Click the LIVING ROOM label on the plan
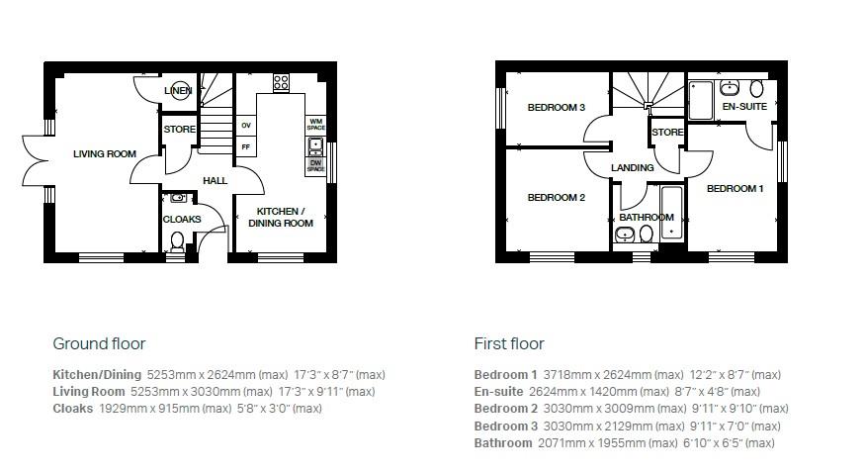pyautogui.click(x=105, y=153)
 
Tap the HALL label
pyautogui.click(x=215, y=181)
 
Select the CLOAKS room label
pyautogui.click(x=182, y=219)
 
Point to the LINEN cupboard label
pyautogui.click(x=179, y=91)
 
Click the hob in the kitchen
pyautogui.click(x=281, y=81)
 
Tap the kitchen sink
pyautogui.click(x=315, y=147)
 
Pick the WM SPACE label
pyautogui.click(x=316, y=125)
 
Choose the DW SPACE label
pyautogui.click(x=315, y=166)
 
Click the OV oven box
pyautogui.click(x=245, y=126)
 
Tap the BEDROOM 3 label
pyautogui.click(x=556, y=107)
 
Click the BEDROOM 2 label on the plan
pyautogui.click(x=556, y=197)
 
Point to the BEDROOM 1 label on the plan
pyautogui.click(x=735, y=188)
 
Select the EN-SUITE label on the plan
pyautogui.click(x=743, y=105)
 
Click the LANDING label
pyautogui.click(x=633, y=167)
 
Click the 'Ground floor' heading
pyautogui.click(x=99, y=343)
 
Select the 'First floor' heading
pyautogui.click(x=509, y=343)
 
